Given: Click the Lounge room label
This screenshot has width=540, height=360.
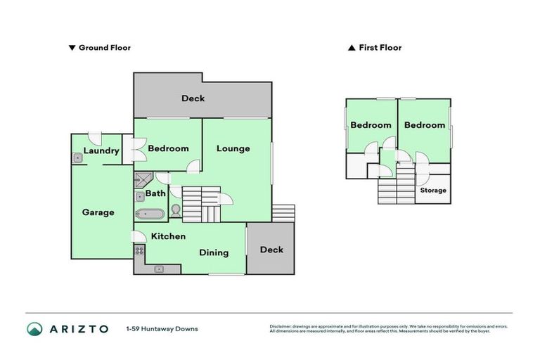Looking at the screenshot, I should click(x=233, y=148).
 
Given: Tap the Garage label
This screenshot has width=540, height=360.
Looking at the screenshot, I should click(x=98, y=212).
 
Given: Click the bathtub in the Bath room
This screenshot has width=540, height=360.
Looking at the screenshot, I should click(x=150, y=214).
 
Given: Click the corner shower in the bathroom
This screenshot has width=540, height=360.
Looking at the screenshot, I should click(x=143, y=179).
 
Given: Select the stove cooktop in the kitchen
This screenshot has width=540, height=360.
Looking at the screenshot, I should click(x=139, y=250).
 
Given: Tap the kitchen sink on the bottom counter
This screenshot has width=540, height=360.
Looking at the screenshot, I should click(x=160, y=268).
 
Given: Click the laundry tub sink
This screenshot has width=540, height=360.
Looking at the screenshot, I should click(x=77, y=159).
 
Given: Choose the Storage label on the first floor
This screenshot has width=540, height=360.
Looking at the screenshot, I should click(x=433, y=191).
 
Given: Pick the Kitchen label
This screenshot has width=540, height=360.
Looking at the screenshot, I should click(x=169, y=236).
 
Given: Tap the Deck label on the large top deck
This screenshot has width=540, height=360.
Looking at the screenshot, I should click(x=193, y=98).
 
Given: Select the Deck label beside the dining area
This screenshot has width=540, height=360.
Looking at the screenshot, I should click(x=271, y=250).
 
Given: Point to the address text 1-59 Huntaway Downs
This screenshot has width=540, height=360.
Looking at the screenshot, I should click(x=162, y=329).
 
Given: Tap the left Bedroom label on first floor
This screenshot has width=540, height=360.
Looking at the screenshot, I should click(x=371, y=125).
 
